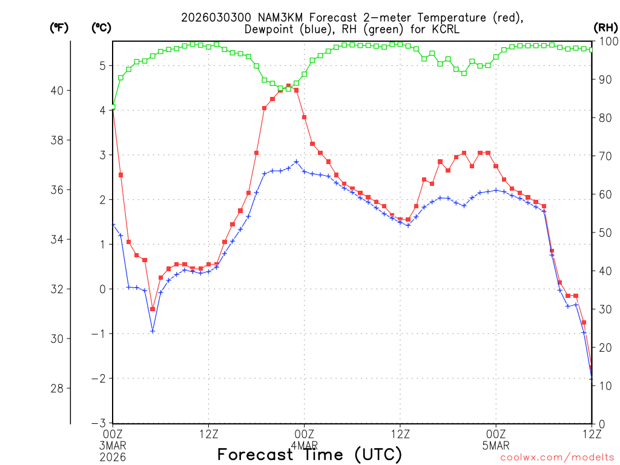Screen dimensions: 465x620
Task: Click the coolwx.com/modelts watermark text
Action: pyautogui.click(x=557, y=458)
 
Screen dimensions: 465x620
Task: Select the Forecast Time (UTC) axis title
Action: pyautogui.click(x=309, y=454)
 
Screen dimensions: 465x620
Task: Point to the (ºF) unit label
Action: pyautogui.click(x=59, y=27)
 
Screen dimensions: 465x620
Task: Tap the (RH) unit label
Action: pyautogui.click(x=605, y=27)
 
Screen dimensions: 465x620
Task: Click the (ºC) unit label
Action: pyautogui.click(x=101, y=27)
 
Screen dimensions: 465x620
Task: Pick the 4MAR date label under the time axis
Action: pyautogui.click(x=304, y=444)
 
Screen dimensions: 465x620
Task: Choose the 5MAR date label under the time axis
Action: pyautogui.click(x=496, y=444)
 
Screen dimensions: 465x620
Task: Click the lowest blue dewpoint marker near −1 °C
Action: pyautogui.click(x=153, y=331)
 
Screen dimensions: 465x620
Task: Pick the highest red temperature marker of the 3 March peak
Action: pyautogui.click(x=288, y=86)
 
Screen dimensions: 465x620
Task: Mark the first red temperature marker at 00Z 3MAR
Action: pyautogui.click(x=113, y=107)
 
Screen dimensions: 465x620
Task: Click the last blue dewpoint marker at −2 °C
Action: pyautogui.click(x=592, y=378)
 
